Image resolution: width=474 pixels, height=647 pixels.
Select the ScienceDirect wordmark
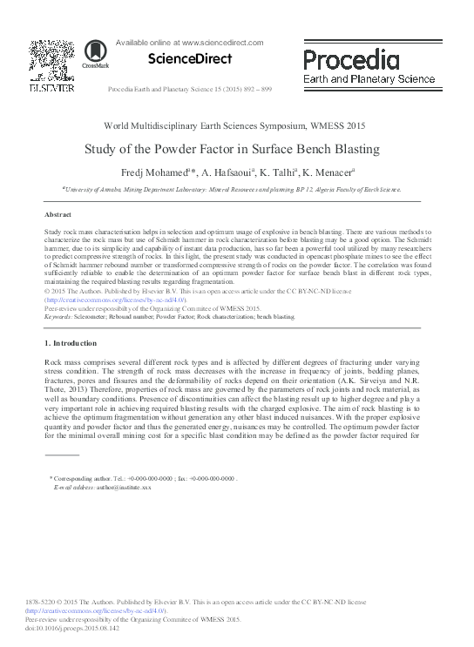tap(191, 59)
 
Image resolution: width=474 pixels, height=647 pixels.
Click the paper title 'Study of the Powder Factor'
tap(231, 149)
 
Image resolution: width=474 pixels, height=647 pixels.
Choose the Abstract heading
tap(58, 213)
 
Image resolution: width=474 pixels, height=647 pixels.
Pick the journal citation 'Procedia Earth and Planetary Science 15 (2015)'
tap(189, 90)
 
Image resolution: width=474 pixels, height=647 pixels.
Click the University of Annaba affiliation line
tap(232, 189)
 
